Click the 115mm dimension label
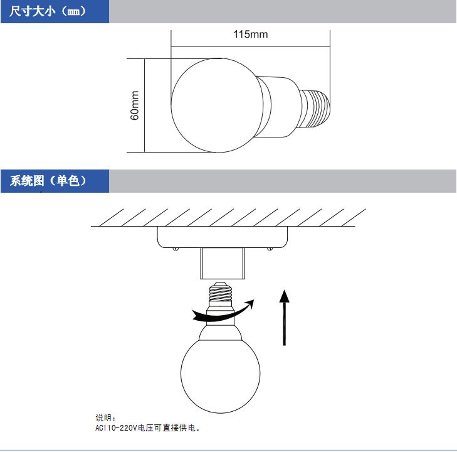(250, 34)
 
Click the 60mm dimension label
(135, 105)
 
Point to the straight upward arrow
(285, 317)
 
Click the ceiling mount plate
(222, 237)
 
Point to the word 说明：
(106, 417)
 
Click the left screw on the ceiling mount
(175, 250)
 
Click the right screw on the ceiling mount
(270, 250)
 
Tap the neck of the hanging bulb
(220, 320)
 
